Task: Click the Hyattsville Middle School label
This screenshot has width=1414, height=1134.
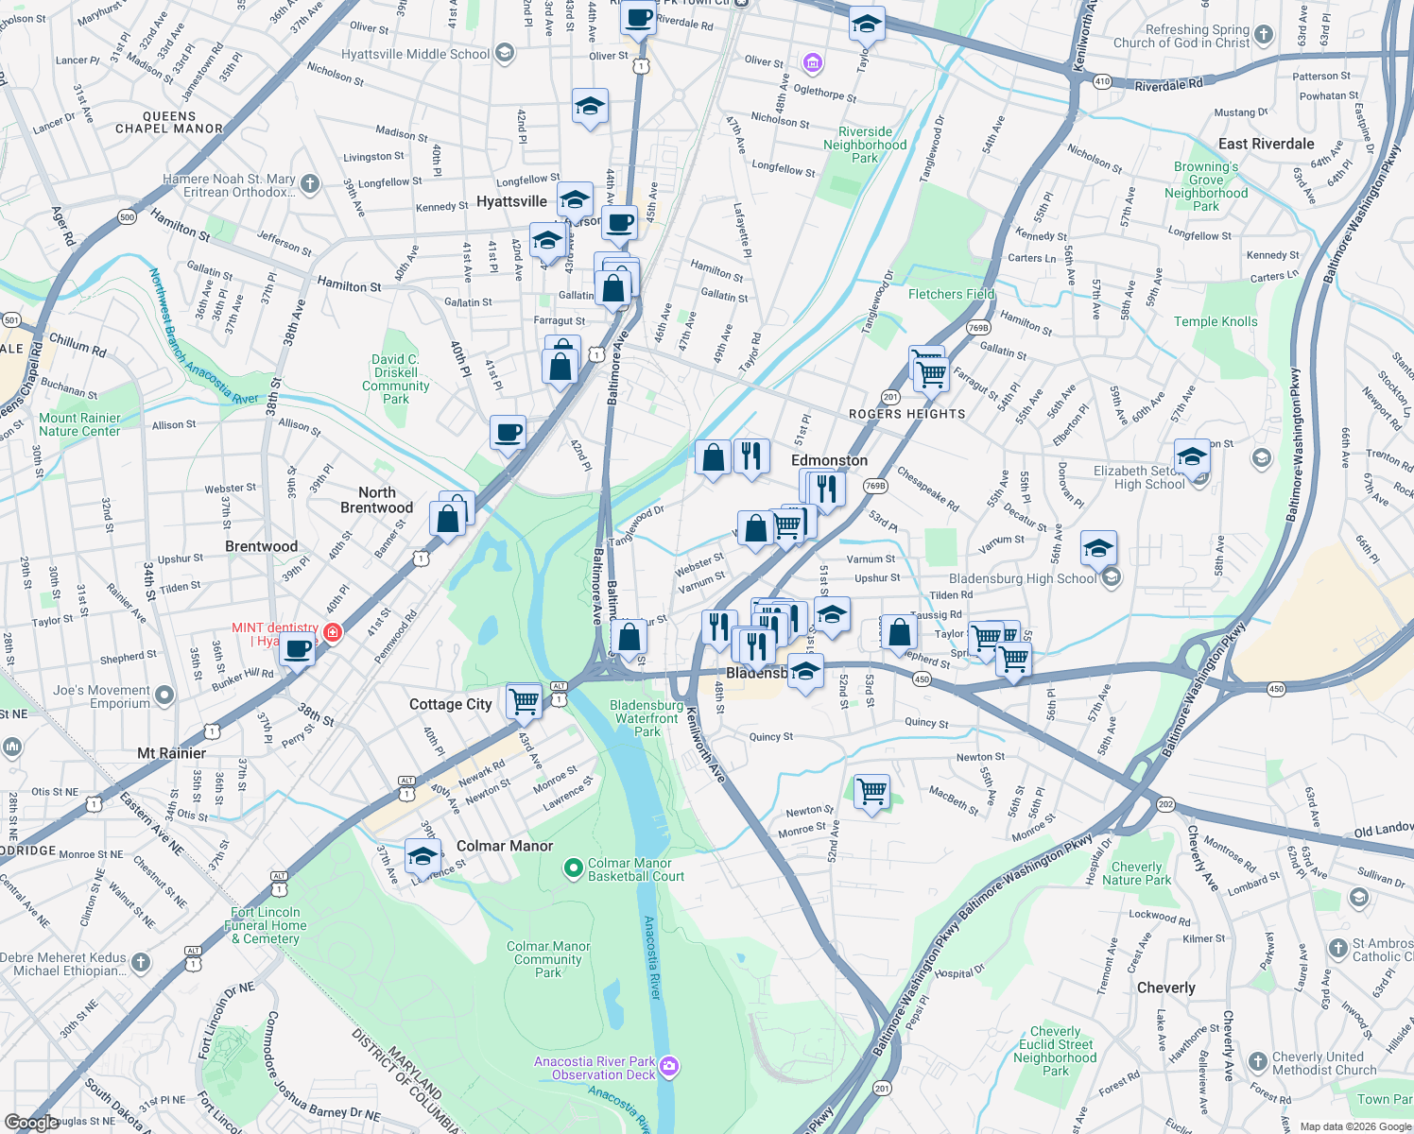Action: click(416, 54)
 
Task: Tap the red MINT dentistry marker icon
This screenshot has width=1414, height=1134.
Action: click(333, 632)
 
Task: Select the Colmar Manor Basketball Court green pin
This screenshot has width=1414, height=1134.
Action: click(572, 868)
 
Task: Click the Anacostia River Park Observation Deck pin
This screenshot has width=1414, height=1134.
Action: click(669, 1067)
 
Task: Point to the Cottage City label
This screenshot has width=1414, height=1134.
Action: click(451, 704)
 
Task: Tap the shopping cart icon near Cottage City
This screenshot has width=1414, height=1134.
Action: click(525, 701)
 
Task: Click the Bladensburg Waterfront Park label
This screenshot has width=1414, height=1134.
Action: click(647, 718)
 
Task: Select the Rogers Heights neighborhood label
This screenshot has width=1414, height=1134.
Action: click(907, 414)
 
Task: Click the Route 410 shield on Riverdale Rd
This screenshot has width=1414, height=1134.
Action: click(1102, 81)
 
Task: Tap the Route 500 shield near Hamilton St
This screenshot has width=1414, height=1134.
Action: click(128, 217)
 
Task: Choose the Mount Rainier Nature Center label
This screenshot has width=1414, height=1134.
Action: click(79, 424)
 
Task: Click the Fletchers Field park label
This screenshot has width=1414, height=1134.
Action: click(951, 294)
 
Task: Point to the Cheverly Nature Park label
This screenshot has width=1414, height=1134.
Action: click(1136, 873)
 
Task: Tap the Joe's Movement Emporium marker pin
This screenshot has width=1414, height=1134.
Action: click(164, 696)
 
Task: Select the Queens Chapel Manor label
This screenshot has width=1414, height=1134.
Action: click(169, 123)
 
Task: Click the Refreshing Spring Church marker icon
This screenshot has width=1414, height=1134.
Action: click(1263, 36)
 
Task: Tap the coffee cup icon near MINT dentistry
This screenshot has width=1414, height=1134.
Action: click(298, 650)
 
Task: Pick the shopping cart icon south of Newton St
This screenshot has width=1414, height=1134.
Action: click(871, 791)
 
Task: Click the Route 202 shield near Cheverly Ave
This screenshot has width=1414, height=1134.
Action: click(1165, 805)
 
